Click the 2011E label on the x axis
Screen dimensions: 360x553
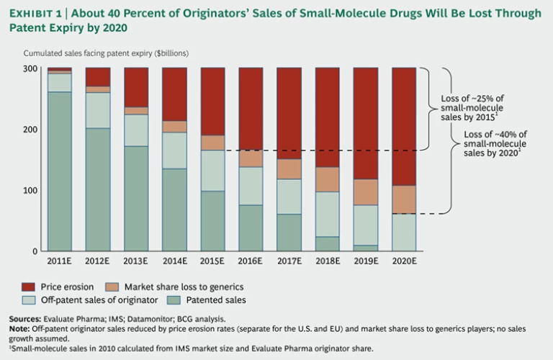[60, 261]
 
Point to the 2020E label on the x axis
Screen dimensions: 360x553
[403, 261]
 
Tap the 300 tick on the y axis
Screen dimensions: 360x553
[31, 68]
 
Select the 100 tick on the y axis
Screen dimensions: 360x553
[31, 190]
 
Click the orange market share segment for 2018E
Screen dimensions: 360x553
[327, 179]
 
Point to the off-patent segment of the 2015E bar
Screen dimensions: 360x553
[212, 171]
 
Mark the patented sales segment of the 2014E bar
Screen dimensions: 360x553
[174, 210]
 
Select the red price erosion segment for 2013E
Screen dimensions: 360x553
[136, 87]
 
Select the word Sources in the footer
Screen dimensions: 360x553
[26, 319]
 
